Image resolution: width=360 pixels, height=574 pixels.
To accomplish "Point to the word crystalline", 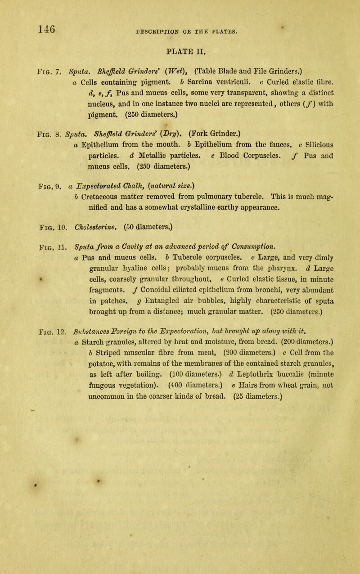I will pyautogui.click(x=182, y=191).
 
